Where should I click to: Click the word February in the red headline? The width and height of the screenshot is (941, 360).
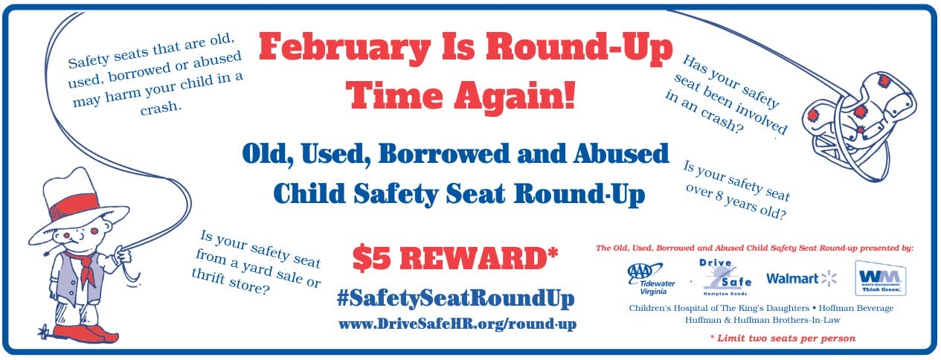tap(344, 48)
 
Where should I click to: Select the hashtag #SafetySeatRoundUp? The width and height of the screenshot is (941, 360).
tap(455, 299)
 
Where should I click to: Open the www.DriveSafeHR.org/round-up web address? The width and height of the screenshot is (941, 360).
tap(457, 324)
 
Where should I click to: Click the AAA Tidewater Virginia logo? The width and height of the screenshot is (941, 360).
tap(650, 278)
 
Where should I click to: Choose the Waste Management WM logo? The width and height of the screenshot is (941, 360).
tap(881, 277)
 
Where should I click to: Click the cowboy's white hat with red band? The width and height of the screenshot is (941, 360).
tap(78, 208)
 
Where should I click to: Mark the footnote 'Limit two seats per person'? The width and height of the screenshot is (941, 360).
tap(783, 338)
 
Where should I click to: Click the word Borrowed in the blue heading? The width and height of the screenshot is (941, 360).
tap(444, 154)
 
